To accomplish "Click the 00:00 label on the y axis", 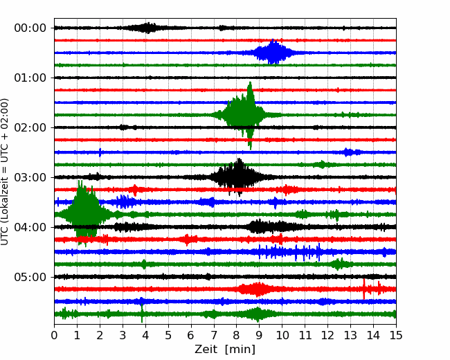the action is pyautogui.click(x=30, y=28).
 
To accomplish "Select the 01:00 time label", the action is pyautogui.click(x=30, y=78).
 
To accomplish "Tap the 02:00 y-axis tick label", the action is pyautogui.click(x=30, y=127).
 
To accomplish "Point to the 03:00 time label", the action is pyautogui.click(x=30, y=177).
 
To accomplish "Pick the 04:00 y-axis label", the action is pyautogui.click(x=30, y=227).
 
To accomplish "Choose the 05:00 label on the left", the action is pyautogui.click(x=30, y=277).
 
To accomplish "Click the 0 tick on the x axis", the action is pyautogui.click(x=54, y=335).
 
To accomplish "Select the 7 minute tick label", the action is pyautogui.click(x=213, y=335).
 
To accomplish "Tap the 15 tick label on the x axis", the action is pyautogui.click(x=396, y=335).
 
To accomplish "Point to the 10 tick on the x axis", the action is pyautogui.click(x=282, y=335).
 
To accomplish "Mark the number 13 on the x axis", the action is pyautogui.click(x=350, y=335).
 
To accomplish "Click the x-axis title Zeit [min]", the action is pyautogui.click(x=225, y=350).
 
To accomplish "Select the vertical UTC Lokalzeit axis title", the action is pyautogui.click(x=4, y=172).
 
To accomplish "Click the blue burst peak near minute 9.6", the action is pyautogui.click(x=274, y=52).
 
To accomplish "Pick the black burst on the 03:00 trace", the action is pyautogui.click(x=238, y=177).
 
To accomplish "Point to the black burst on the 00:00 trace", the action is pyautogui.click(x=147, y=28).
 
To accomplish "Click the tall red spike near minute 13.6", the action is pyautogui.click(x=364, y=289).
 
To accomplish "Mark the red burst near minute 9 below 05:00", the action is pyautogui.click(x=256, y=289).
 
